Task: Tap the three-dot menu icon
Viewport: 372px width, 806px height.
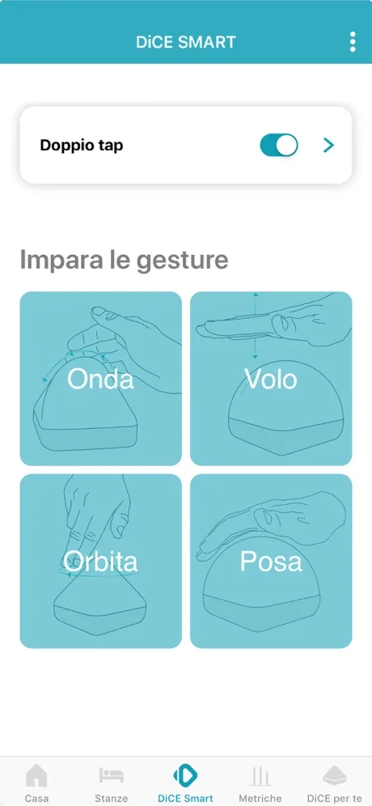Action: click(353, 42)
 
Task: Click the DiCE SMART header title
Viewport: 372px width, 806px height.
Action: click(186, 42)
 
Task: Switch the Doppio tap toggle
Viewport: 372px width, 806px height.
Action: click(279, 146)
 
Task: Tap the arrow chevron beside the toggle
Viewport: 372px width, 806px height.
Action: click(328, 146)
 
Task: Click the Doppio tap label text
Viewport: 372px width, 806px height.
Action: click(82, 146)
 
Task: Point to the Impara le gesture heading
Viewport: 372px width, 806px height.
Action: click(124, 261)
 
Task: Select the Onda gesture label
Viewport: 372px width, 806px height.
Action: click(101, 379)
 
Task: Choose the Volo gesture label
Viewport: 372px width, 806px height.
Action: click(271, 379)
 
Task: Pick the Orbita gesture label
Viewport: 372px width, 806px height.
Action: click(101, 562)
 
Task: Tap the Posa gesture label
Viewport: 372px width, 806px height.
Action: click(271, 562)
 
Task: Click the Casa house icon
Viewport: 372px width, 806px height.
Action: click(36, 776)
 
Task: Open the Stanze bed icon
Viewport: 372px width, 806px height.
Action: click(112, 775)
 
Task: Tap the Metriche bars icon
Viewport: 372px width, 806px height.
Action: click(260, 776)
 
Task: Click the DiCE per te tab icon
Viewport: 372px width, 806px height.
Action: click(335, 776)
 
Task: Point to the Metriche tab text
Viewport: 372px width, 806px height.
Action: click(260, 798)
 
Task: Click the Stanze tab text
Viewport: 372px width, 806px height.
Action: click(112, 798)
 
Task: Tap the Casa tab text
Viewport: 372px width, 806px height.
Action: click(36, 798)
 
